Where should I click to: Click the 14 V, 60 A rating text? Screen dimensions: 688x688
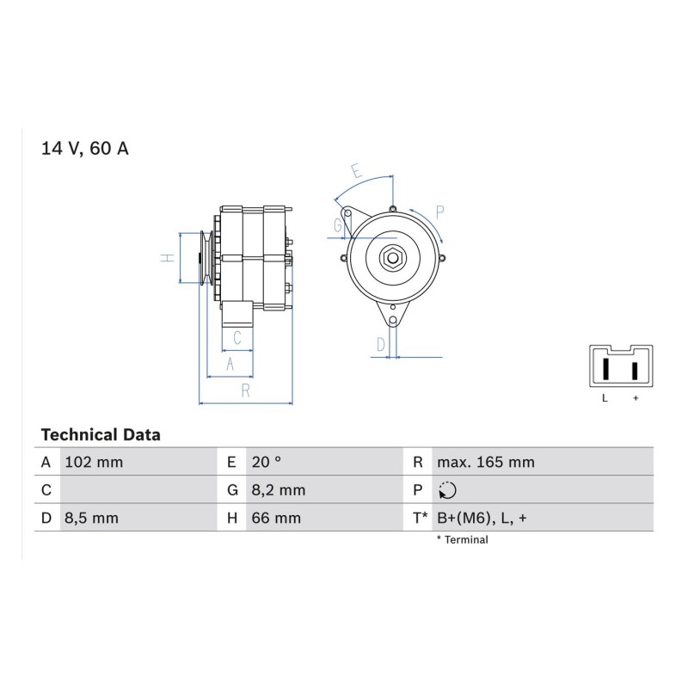[x=84, y=149]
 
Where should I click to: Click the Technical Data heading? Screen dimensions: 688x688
[x=101, y=435]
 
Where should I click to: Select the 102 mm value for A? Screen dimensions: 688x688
[x=94, y=462]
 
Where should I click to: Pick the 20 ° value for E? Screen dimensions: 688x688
[x=267, y=462]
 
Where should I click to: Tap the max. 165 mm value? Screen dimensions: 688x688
[x=486, y=462]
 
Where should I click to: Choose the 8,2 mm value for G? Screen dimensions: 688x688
[x=278, y=490]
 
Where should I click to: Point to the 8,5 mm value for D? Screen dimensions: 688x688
[x=91, y=519]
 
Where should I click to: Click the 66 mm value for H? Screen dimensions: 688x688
[x=276, y=519]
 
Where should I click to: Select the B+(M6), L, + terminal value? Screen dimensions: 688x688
[x=482, y=519]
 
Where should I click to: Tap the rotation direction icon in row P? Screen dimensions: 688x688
[x=447, y=490]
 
